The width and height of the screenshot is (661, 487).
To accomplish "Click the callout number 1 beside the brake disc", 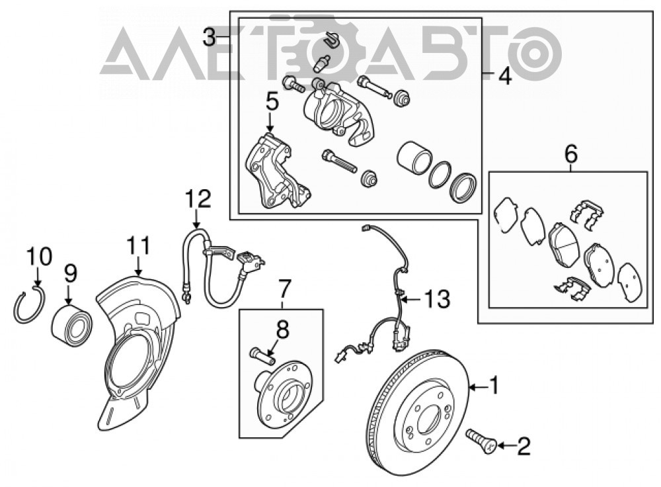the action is point(493,386).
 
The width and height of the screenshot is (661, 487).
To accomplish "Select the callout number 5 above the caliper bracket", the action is point(272,103).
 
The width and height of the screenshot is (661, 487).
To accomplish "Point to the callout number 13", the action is point(438,299).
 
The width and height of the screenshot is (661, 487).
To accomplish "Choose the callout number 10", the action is point(39,257).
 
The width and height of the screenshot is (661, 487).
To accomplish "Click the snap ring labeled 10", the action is point(29,304).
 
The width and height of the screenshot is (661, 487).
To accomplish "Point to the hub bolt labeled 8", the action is point(262,355).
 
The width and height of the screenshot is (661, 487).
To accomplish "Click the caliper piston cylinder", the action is point(414,157).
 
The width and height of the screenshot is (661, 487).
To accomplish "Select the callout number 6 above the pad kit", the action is point(571,155).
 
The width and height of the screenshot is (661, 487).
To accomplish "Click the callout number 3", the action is point(209,38).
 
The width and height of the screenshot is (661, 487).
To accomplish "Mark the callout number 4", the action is point(505,76).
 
